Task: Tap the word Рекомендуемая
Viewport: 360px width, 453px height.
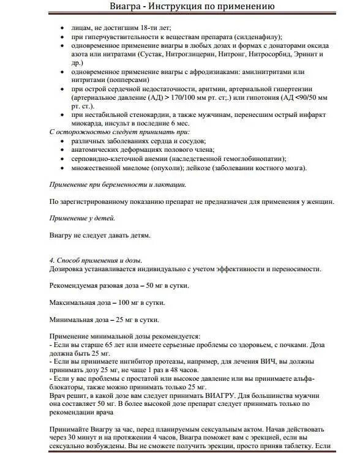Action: coord(80,286)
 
